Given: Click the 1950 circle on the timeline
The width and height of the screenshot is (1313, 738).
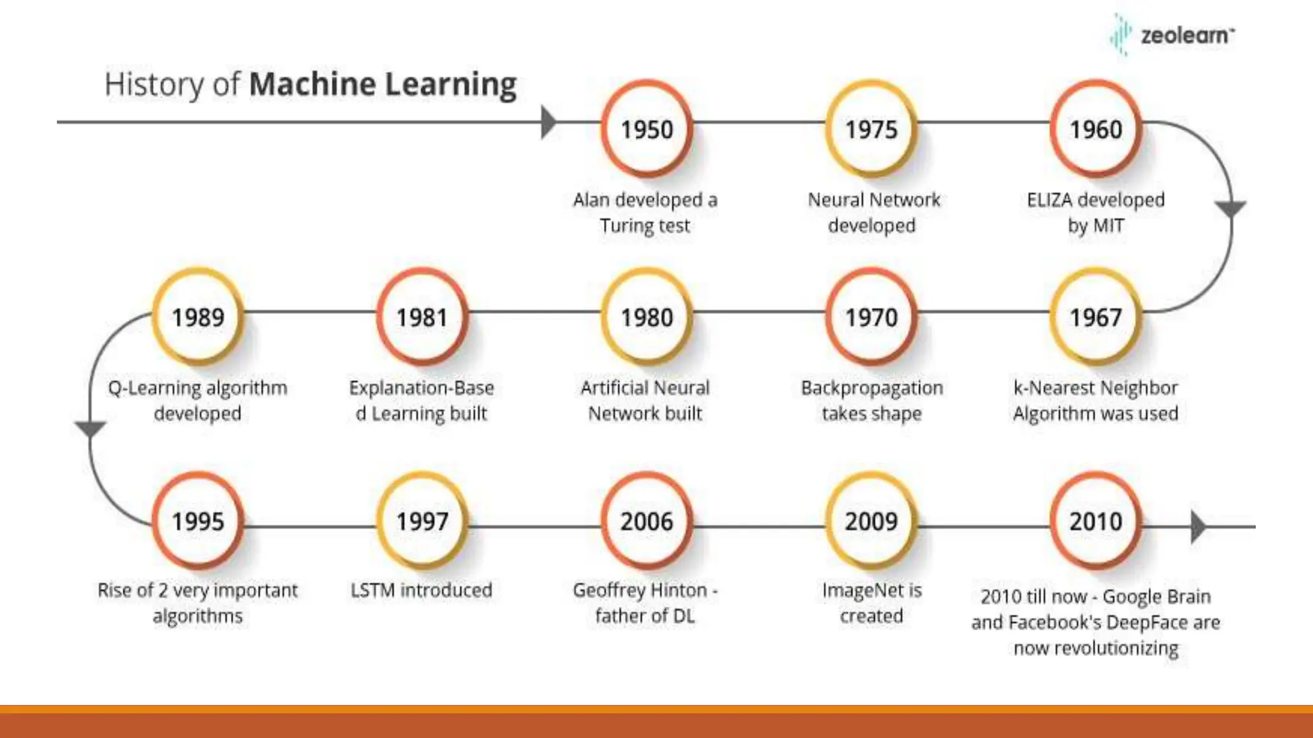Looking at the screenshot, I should tap(647, 129).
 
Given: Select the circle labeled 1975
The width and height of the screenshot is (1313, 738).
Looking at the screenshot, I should tap(871, 129).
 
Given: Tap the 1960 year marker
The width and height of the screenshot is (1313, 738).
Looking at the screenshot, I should tap(1096, 129).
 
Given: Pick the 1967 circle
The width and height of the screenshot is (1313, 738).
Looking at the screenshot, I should tap(1096, 317).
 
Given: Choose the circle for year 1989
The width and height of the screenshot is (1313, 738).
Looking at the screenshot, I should tap(198, 317).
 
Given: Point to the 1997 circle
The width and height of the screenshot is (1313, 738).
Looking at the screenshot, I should tap(422, 521).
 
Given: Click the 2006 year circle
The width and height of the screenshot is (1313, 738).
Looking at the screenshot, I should tap(647, 521).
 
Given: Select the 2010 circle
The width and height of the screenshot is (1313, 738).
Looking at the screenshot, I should tap(1096, 521).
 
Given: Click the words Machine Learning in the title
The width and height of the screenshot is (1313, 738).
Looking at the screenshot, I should tap(383, 84).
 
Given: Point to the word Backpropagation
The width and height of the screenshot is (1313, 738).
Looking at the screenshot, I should tap(872, 388).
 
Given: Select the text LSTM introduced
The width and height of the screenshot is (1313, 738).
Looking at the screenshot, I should tap(421, 590).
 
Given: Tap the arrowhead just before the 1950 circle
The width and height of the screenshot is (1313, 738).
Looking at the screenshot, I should tap(548, 122).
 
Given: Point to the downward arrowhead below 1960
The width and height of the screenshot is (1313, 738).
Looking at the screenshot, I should tap(1231, 209).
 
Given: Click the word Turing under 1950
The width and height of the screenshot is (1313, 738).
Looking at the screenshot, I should tap(626, 225).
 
